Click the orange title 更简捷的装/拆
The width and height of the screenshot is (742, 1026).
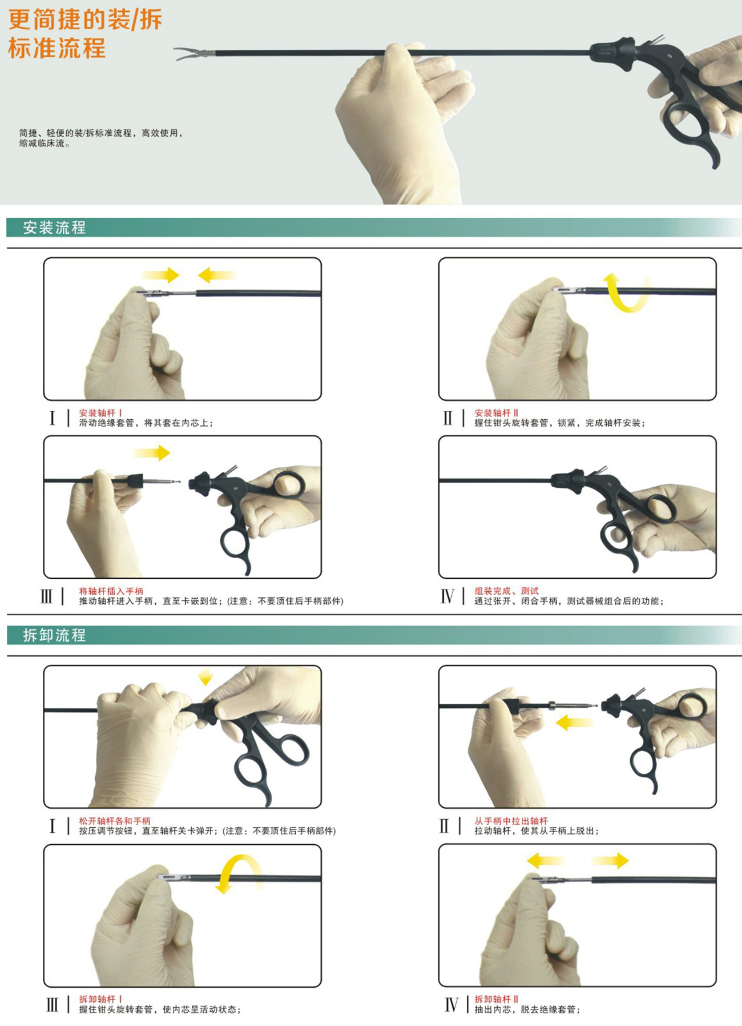point(85,19)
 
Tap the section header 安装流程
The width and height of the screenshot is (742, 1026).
point(54,228)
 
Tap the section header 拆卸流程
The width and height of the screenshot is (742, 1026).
point(54,635)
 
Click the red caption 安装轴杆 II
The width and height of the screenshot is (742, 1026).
point(496,413)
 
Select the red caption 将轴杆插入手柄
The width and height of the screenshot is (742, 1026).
point(111,591)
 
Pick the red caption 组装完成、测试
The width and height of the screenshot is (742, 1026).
point(506,591)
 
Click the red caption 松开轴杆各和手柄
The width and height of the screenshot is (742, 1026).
point(115,821)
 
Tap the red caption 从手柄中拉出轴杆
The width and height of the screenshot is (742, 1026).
point(511,821)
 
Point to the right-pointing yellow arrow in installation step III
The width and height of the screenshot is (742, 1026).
point(151,453)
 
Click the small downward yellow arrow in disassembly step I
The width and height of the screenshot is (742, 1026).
point(205,678)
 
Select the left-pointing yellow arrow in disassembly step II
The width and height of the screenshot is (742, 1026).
point(574,723)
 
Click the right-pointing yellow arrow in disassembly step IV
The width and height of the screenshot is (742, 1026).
point(610,861)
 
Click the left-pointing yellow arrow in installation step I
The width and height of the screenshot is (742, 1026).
point(216,275)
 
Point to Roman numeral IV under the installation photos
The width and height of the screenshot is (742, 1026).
point(447,596)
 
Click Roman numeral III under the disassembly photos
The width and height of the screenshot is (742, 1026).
point(52,1005)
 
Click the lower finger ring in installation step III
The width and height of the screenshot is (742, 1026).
point(235,546)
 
